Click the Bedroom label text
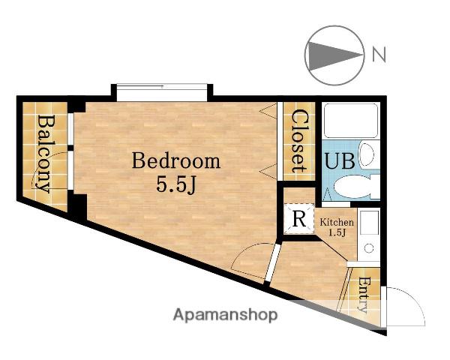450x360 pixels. click(176, 161)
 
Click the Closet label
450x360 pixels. click(299, 141)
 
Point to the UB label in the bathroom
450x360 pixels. click(340, 160)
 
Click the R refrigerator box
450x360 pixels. click(299, 218)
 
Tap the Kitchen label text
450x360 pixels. click(337, 222)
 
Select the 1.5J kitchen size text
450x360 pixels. click(337, 232)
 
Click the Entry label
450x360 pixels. click(363, 295)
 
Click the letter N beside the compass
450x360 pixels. click(379, 55)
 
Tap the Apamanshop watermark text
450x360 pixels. click(225, 315)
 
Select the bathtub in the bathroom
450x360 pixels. click(351, 121)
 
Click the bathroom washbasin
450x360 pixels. click(367, 154)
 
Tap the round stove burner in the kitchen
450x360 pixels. click(369, 248)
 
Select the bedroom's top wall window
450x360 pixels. click(162, 92)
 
